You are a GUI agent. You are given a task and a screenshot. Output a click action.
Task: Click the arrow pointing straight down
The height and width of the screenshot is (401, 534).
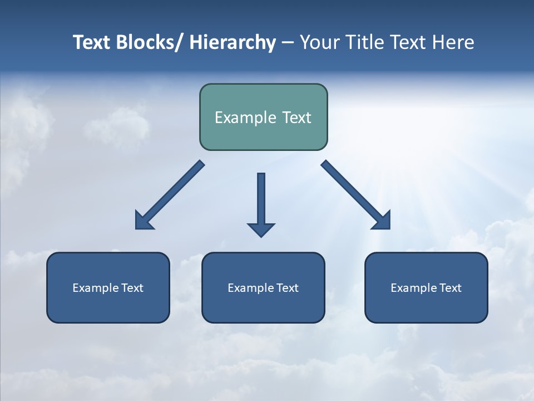click(261, 203)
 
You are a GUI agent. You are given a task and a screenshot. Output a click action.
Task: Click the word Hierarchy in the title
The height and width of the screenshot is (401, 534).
click(233, 42)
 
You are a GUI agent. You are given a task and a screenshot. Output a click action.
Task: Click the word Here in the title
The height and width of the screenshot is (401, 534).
click(453, 42)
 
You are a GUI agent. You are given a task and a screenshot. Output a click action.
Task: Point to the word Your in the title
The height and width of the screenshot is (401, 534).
click(319, 42)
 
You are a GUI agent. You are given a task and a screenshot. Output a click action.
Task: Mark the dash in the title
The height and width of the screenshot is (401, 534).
click(288, 43)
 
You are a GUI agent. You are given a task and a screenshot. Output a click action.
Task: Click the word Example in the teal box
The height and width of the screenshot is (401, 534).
click(245, 118)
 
